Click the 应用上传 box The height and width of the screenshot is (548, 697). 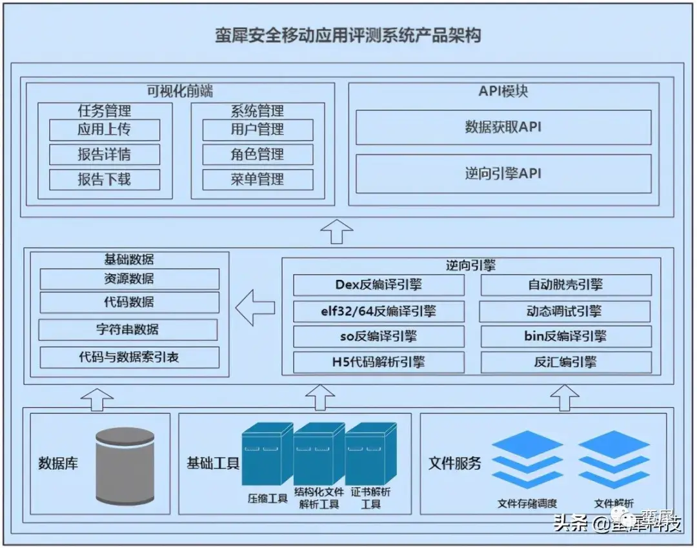(105, 130)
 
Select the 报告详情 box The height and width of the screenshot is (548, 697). (105, 155)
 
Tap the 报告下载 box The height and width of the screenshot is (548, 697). (105, 179)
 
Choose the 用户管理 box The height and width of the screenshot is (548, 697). (258, 130)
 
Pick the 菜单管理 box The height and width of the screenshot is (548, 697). (258, 179)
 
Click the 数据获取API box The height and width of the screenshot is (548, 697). (503, 127)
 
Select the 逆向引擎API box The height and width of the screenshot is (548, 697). (503, 173)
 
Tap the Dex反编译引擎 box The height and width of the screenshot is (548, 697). (379, 284)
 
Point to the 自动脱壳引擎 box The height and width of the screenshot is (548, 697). (566, 284)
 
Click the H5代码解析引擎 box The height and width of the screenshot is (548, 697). (379, 362)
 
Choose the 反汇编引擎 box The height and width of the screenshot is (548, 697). (566, 362)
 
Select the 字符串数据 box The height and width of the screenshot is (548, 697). (128, 329)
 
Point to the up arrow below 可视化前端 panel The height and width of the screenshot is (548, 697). (337, 231)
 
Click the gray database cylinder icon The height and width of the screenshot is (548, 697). (125, 466)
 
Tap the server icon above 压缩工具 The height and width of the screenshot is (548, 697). (267, 454)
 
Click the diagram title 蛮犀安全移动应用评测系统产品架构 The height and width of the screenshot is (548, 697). (348, 35)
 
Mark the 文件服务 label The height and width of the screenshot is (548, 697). (454, 463)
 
